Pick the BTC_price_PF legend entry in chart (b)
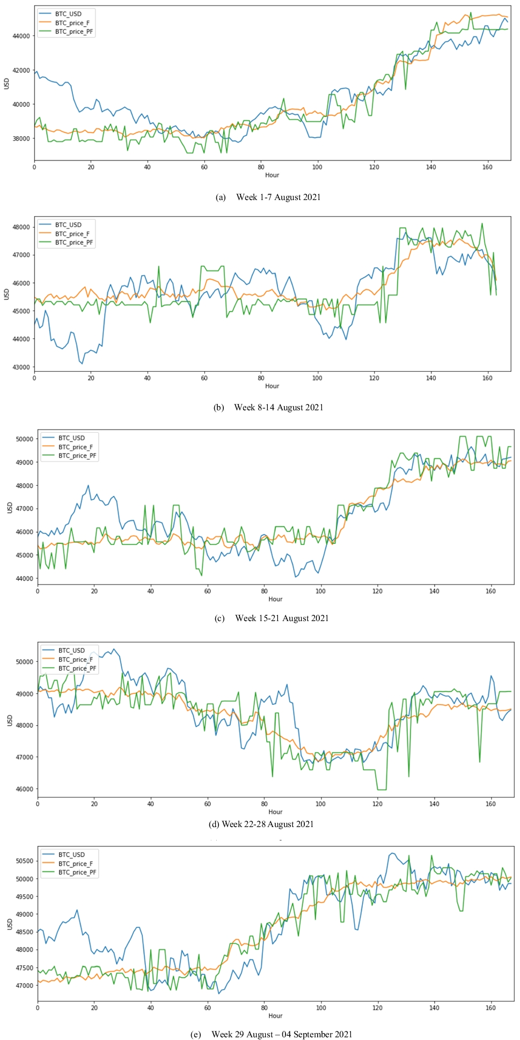point(74,242)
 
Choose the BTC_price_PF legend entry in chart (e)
point(77,872)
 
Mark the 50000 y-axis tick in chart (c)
point(24,439)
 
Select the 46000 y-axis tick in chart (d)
point(24,789)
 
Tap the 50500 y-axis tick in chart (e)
point(24,861)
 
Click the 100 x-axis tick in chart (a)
point(317,167)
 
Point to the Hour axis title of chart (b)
point(272,386)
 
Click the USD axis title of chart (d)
point(10,720)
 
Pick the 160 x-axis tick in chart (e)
point(490,1008)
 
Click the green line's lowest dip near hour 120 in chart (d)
point(382,790)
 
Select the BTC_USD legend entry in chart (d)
point(71,651)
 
